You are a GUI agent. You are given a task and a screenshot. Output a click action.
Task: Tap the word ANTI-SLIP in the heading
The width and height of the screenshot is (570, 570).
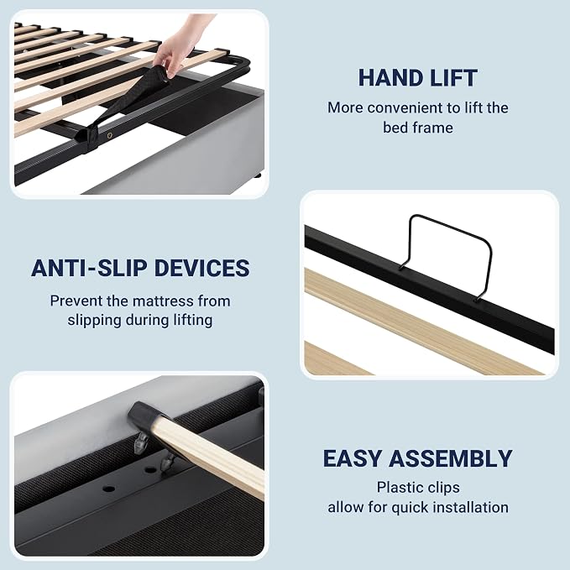tap(89, 268)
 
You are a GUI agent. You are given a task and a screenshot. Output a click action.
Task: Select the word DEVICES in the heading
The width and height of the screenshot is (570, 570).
tap(202, 268)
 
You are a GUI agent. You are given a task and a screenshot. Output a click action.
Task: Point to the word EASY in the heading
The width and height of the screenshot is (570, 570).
tap(352, 458)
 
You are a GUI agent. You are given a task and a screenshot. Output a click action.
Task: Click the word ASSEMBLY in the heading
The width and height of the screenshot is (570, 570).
tap(451, 458)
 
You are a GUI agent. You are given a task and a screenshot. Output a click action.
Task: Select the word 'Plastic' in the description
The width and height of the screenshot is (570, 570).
tap(395, 488)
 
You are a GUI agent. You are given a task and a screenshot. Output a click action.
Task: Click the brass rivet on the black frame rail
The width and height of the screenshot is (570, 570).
tap(109, 135)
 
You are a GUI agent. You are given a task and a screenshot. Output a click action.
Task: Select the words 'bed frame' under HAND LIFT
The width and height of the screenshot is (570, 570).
tap(418, 128)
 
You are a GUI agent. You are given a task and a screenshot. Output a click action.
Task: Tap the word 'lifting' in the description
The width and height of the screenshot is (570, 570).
tap(193, 321)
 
